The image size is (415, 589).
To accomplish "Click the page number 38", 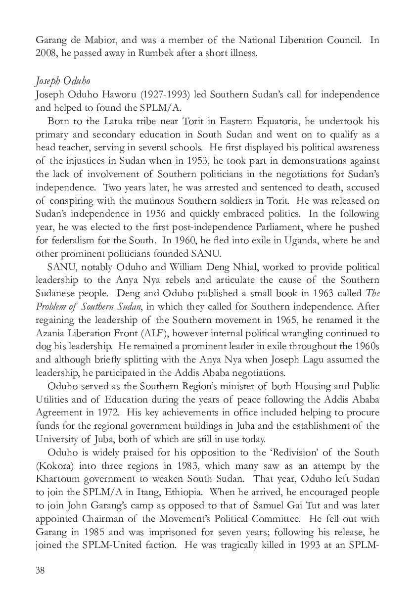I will click(40, 570).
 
